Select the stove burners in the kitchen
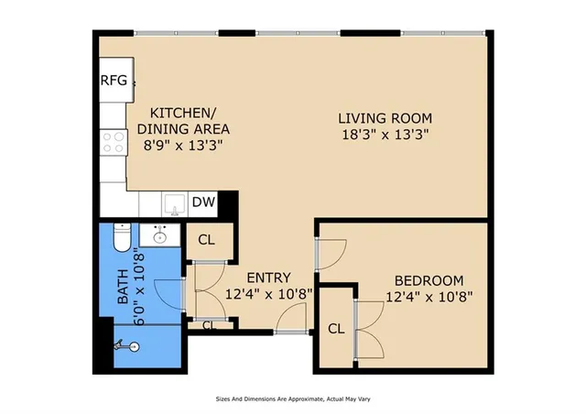(x=113, y=142)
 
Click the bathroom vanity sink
(x=160, y=235)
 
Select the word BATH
(x=123, y=287)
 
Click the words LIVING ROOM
(x=384, y=118)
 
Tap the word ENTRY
(x=268, y=278)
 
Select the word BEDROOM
(x=429, y=280)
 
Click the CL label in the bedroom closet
(x=335, y=329)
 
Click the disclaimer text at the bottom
(x=293, y=399)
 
